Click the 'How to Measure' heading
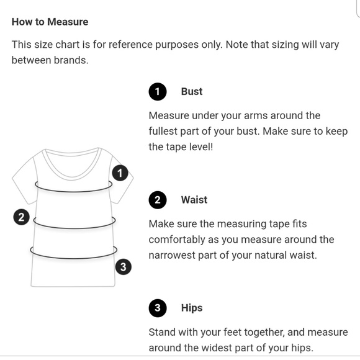(50, 22)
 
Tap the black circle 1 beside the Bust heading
(158, 92)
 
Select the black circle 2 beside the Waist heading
(158, 200)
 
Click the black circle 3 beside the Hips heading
(158, 308)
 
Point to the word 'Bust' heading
(192, 91)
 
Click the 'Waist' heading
(194, 200)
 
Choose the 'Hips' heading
(192, 308)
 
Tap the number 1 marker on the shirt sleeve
(120, 173)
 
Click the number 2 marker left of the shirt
(21, 217)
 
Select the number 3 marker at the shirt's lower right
(124, 267)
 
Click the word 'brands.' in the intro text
(71, 60)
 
